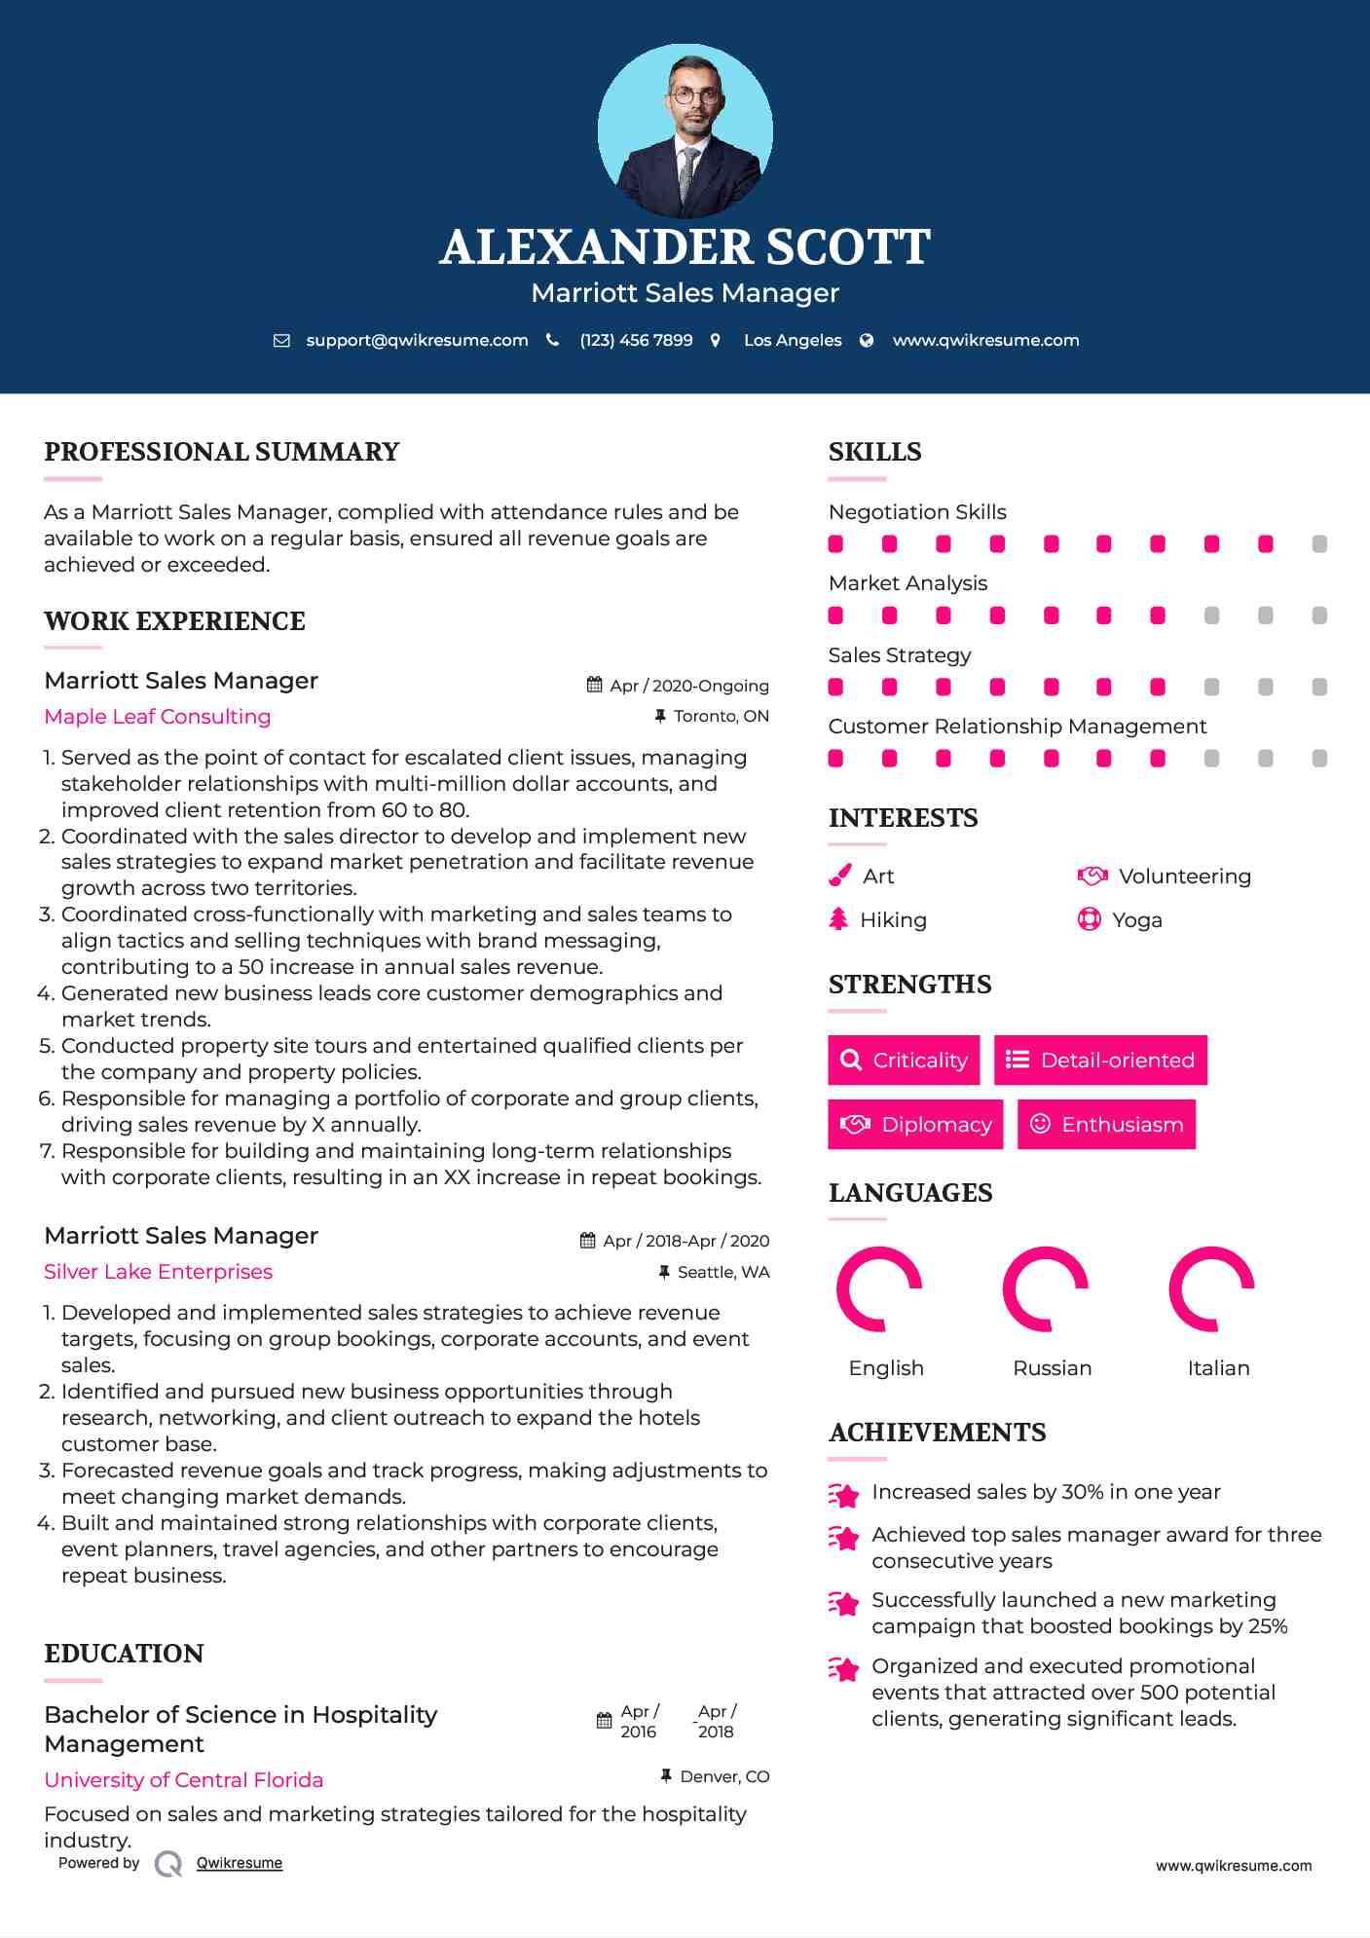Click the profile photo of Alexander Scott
click(x=685, y=130)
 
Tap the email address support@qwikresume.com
click(x=417, y=340)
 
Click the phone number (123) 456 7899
click(x=636, y=340)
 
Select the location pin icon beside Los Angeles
click(x=716, y=340)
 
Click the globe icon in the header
click(x=867, y=340)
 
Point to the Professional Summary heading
click(x=222, y=452)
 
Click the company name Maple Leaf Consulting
click(x=158, y=717)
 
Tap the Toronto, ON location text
click(x=721, y=716)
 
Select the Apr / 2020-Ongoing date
click(x=688, y=686)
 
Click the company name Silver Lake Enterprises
click(x=159, y=1272)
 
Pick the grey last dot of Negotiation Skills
click(x=1319, y=544)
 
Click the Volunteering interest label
click(x=1184, y=876)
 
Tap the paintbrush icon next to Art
click(x=840, y=876)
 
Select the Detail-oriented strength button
click(x=1100, y=1060)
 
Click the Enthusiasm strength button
click(x=1106, y=1124)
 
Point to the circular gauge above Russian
click(x=1046, y=1288)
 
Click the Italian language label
click(x=1218, y=1368)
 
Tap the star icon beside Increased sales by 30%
click(x=843, y=1494)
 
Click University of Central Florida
click(x=184, y=1780)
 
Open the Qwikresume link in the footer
click(x=240, y=1863)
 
